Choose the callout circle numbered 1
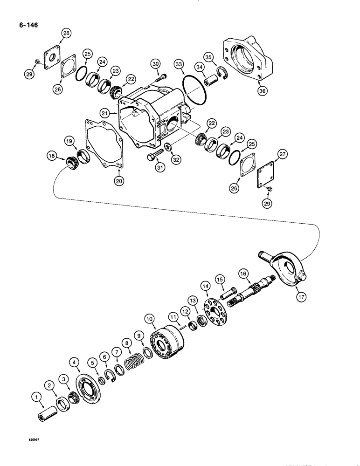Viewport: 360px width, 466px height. (x=35, y=397)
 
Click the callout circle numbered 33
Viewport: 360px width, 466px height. (x=178, y=64)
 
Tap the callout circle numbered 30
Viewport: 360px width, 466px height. (x=155, y=64)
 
